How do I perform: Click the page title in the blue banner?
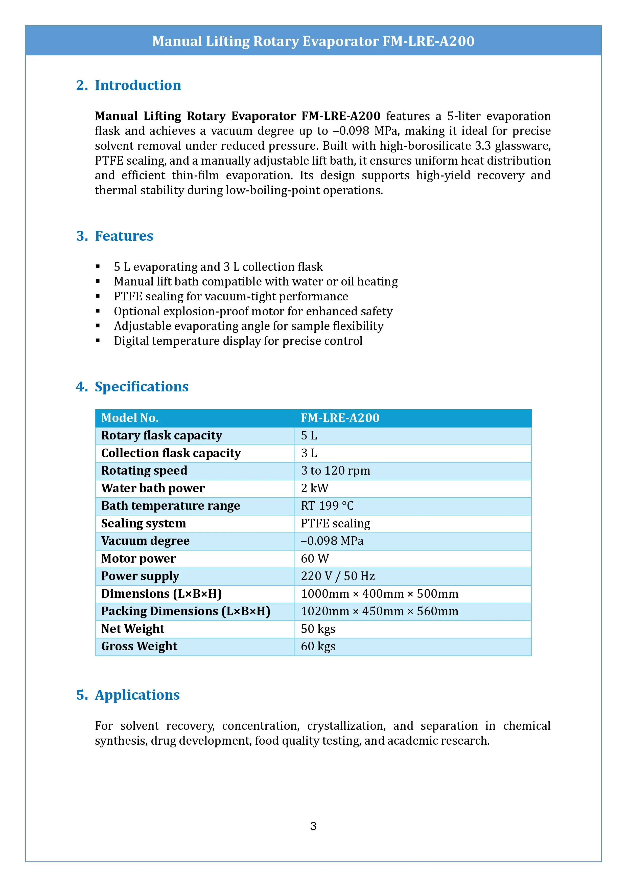313,41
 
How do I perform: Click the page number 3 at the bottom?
313,826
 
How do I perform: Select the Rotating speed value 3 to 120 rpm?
335,471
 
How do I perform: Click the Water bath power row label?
153,488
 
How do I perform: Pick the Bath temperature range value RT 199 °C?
327,506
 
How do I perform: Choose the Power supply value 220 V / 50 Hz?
337,576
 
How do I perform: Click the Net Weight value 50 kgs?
318,629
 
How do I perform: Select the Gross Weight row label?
139,646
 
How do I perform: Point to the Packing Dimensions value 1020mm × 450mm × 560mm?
380,611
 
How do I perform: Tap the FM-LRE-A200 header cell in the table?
340,418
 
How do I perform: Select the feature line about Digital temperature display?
238,341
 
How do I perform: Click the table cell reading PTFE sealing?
335,523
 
